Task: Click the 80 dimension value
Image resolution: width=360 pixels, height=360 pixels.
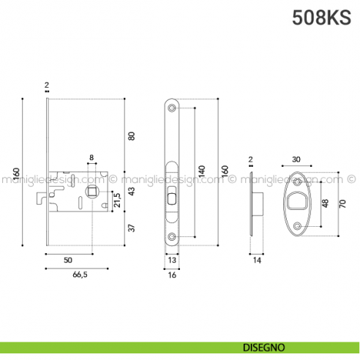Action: coord(132,135)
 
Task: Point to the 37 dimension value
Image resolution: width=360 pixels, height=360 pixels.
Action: coord(132,228)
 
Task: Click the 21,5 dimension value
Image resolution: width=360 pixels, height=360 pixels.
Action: coord(116,200)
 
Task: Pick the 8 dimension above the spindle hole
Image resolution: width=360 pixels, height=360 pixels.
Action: coord(91,158)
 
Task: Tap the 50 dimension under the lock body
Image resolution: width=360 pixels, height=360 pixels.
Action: coord(67,260)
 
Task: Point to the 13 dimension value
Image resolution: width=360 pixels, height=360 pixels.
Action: coord(172,260)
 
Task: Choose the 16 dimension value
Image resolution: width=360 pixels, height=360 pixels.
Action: coord(172,276)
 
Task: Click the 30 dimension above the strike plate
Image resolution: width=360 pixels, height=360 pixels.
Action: coord(296,160)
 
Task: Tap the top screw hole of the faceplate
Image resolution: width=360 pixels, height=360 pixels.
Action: coord(172,108)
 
